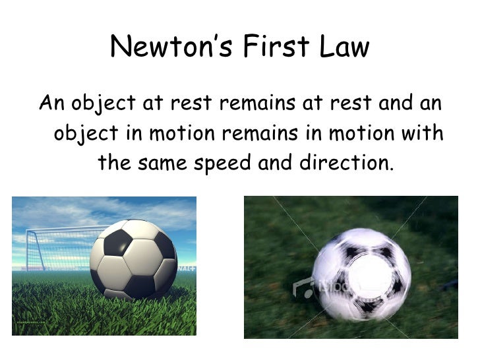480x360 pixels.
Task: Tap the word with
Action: (422, 133)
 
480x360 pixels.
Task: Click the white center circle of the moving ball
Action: (361, 274)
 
